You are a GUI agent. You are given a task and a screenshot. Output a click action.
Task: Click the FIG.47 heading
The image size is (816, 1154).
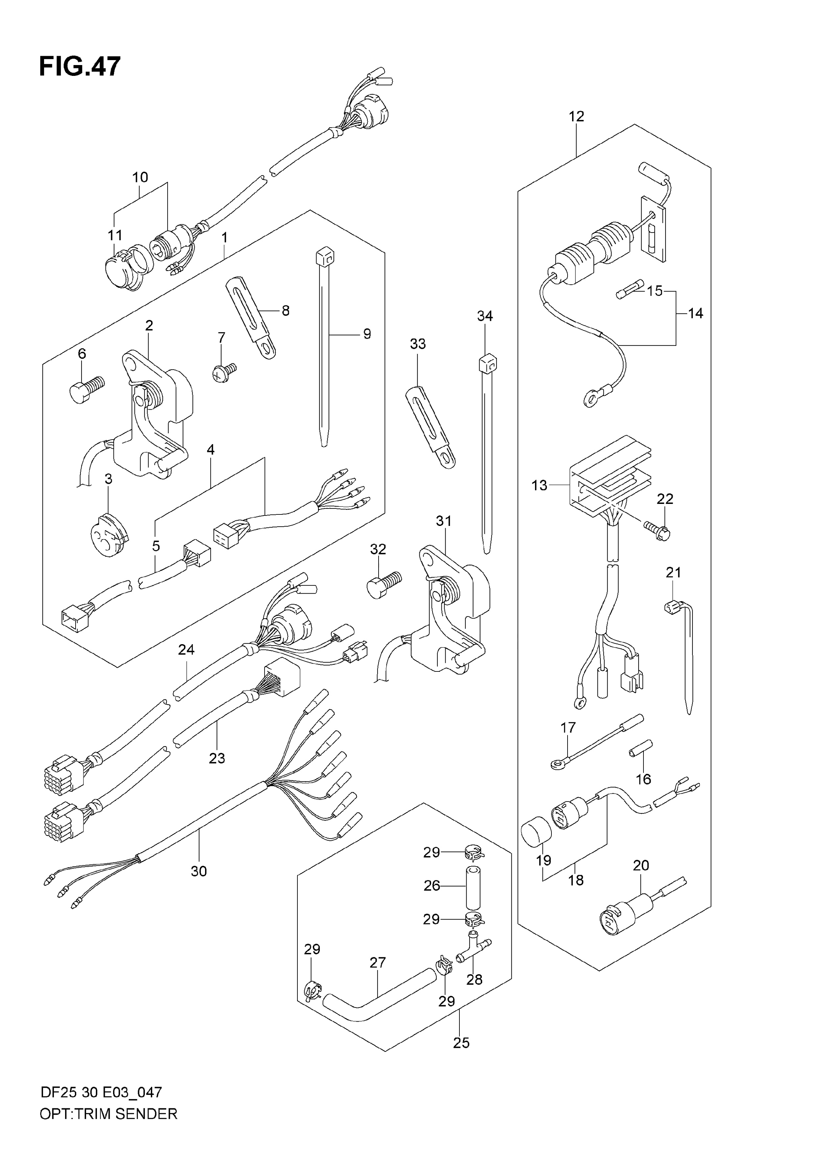click(x=80, y=66)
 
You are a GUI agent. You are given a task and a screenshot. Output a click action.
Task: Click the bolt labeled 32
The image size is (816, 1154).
click(x=384, y=584)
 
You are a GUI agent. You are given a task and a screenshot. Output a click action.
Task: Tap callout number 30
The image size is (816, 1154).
click(x=198, y=871)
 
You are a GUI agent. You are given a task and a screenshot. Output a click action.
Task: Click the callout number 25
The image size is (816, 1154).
click(x=461, y=1043)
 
